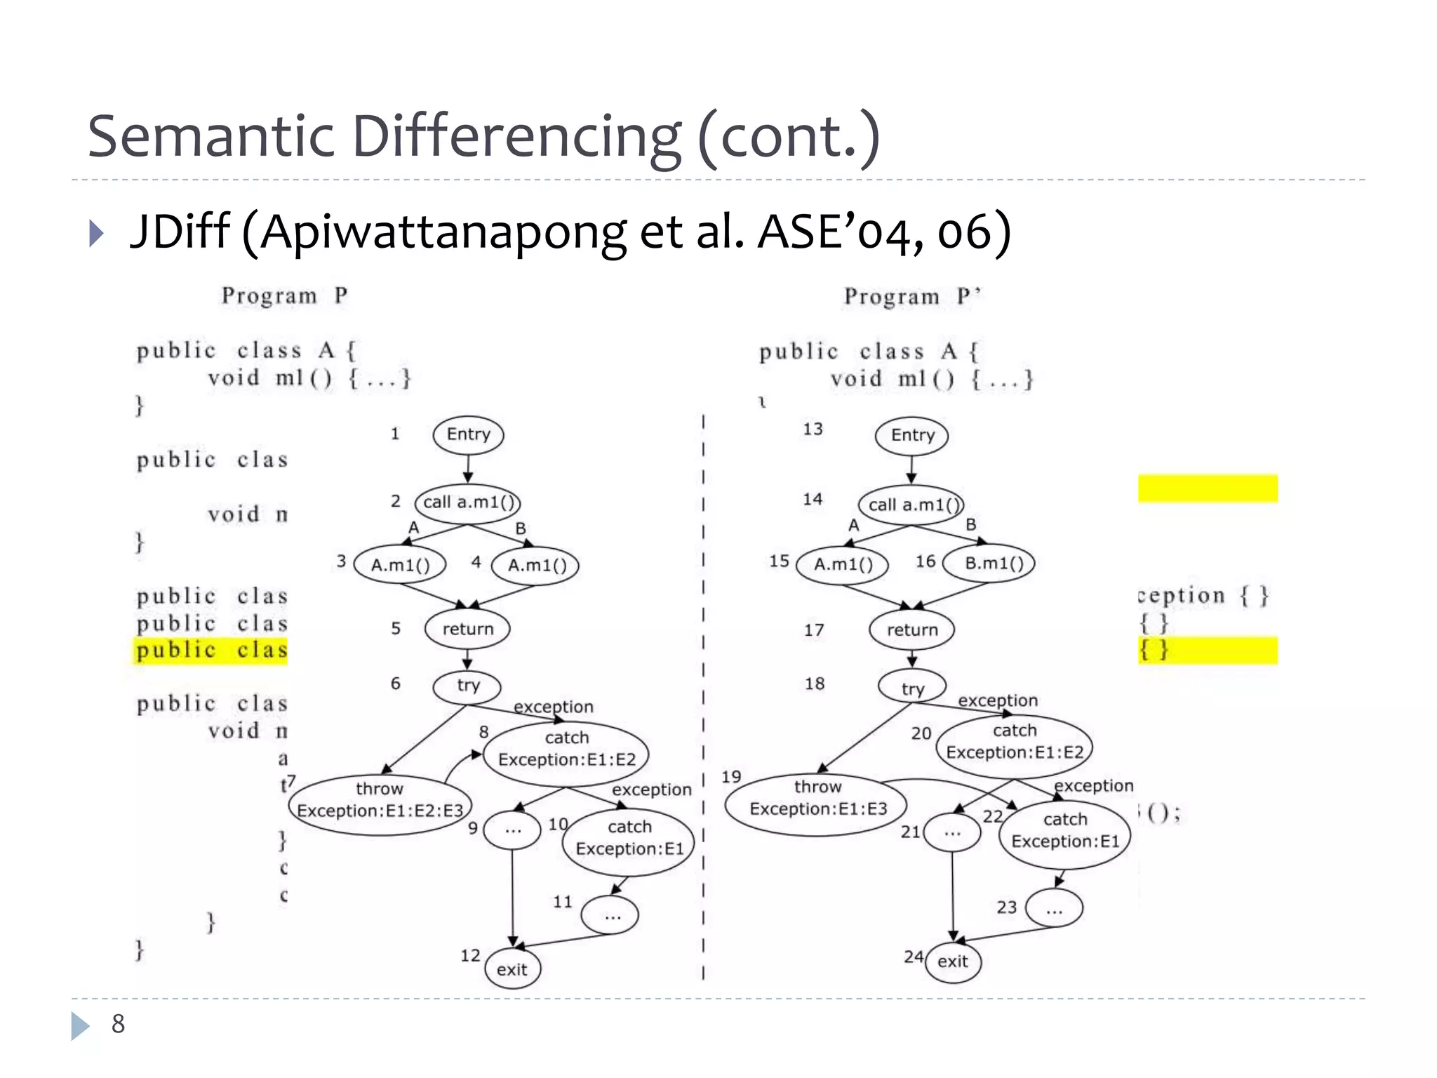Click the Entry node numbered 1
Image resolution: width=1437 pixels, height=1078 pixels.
468,434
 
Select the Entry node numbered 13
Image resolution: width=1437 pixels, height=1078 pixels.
911,435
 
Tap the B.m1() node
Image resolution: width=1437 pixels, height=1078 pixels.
989,563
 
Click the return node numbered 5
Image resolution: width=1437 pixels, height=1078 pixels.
467,629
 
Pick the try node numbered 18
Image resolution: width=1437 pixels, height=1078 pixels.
912,688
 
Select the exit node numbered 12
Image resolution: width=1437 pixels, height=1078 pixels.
512,969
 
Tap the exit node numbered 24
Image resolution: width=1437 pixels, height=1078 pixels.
952,961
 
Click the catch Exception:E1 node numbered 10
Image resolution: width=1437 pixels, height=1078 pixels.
629,841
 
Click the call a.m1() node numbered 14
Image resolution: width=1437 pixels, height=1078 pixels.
911,504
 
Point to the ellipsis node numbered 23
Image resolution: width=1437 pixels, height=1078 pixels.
1054,910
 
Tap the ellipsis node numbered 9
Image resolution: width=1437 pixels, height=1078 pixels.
512,830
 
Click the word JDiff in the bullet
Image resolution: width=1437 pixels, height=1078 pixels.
180,232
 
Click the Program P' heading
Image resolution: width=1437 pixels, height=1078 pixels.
911,297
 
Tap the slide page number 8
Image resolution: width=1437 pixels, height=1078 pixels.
118,1024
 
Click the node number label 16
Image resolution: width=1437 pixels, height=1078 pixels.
925,561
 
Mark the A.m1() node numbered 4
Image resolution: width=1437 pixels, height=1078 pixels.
536,565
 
